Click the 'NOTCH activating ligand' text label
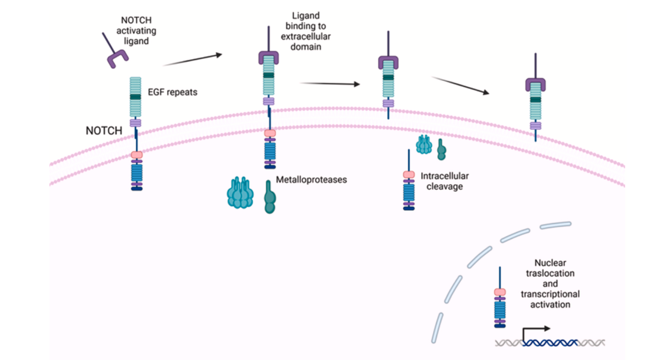tap(136, 31)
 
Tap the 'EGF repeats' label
tap(173, 92)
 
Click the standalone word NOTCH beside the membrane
tap(104, 131)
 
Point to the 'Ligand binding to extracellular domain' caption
tap(306, 31)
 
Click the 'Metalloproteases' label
tap(311, 179)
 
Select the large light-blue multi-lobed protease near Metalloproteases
tap(240, 192)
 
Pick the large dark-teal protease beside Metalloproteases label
tap(270, 197)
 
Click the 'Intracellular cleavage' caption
tap(445, 181)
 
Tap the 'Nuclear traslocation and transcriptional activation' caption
tap(550, 284)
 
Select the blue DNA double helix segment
tap(551, 343)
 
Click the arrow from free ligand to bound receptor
tap(193, 59)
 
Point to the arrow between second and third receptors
tap(329, 84)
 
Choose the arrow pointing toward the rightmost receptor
tap(460, 86)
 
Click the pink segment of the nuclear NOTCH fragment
tap(500, 292)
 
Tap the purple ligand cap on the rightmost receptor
tap(536, 84)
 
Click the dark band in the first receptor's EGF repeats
tap(135, 97)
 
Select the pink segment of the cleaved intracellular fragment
tap(409, 175)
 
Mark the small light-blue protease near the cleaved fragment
tap(424, 145)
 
